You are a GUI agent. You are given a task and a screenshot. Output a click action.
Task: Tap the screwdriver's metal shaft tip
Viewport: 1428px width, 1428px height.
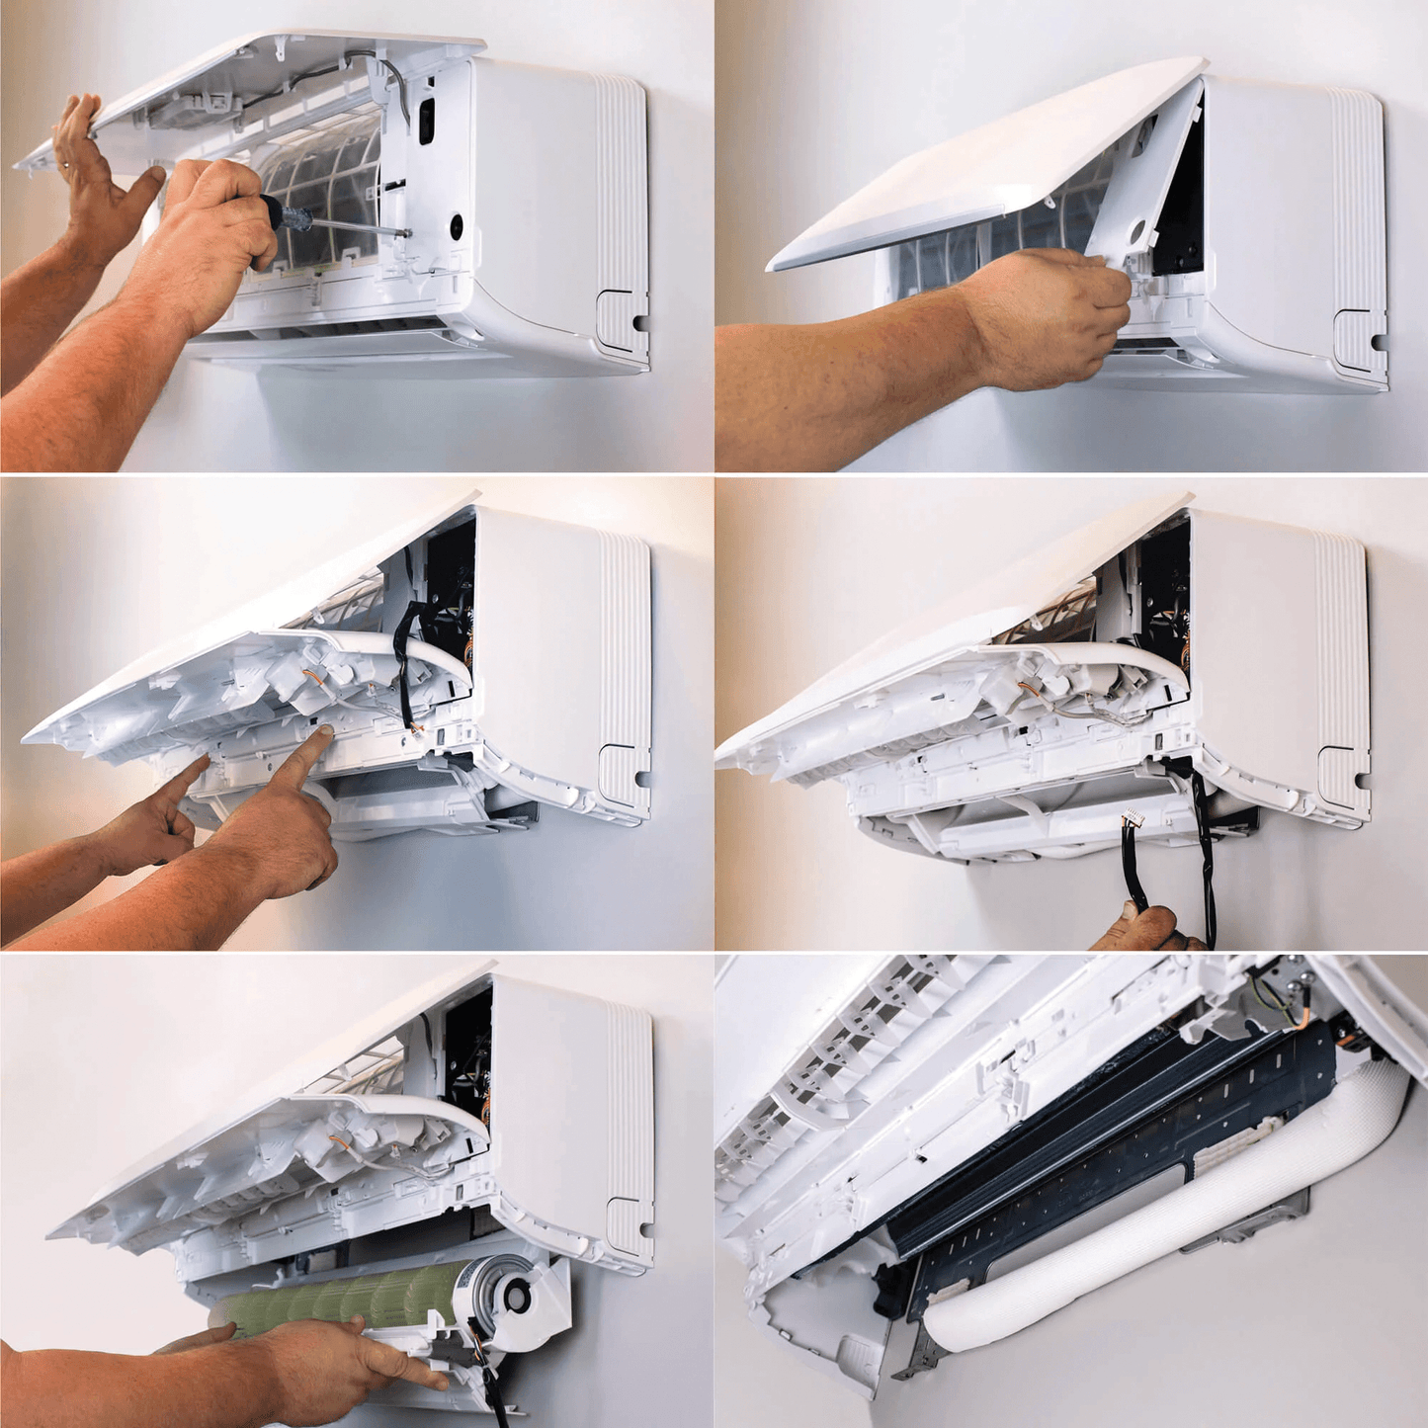tap(407, 233)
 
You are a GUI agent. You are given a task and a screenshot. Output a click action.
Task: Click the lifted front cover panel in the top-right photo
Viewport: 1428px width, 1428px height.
tap(978, 168)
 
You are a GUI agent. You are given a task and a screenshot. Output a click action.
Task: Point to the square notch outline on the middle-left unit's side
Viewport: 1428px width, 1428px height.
tap(623, 766)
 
